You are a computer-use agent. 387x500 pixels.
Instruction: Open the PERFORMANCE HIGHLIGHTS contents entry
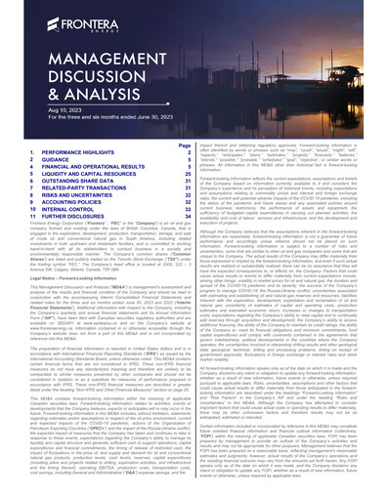pyautogui.click(x=78, y=153)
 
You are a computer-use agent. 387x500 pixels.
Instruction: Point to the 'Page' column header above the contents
pyautogui.click(x=185, y=145)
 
